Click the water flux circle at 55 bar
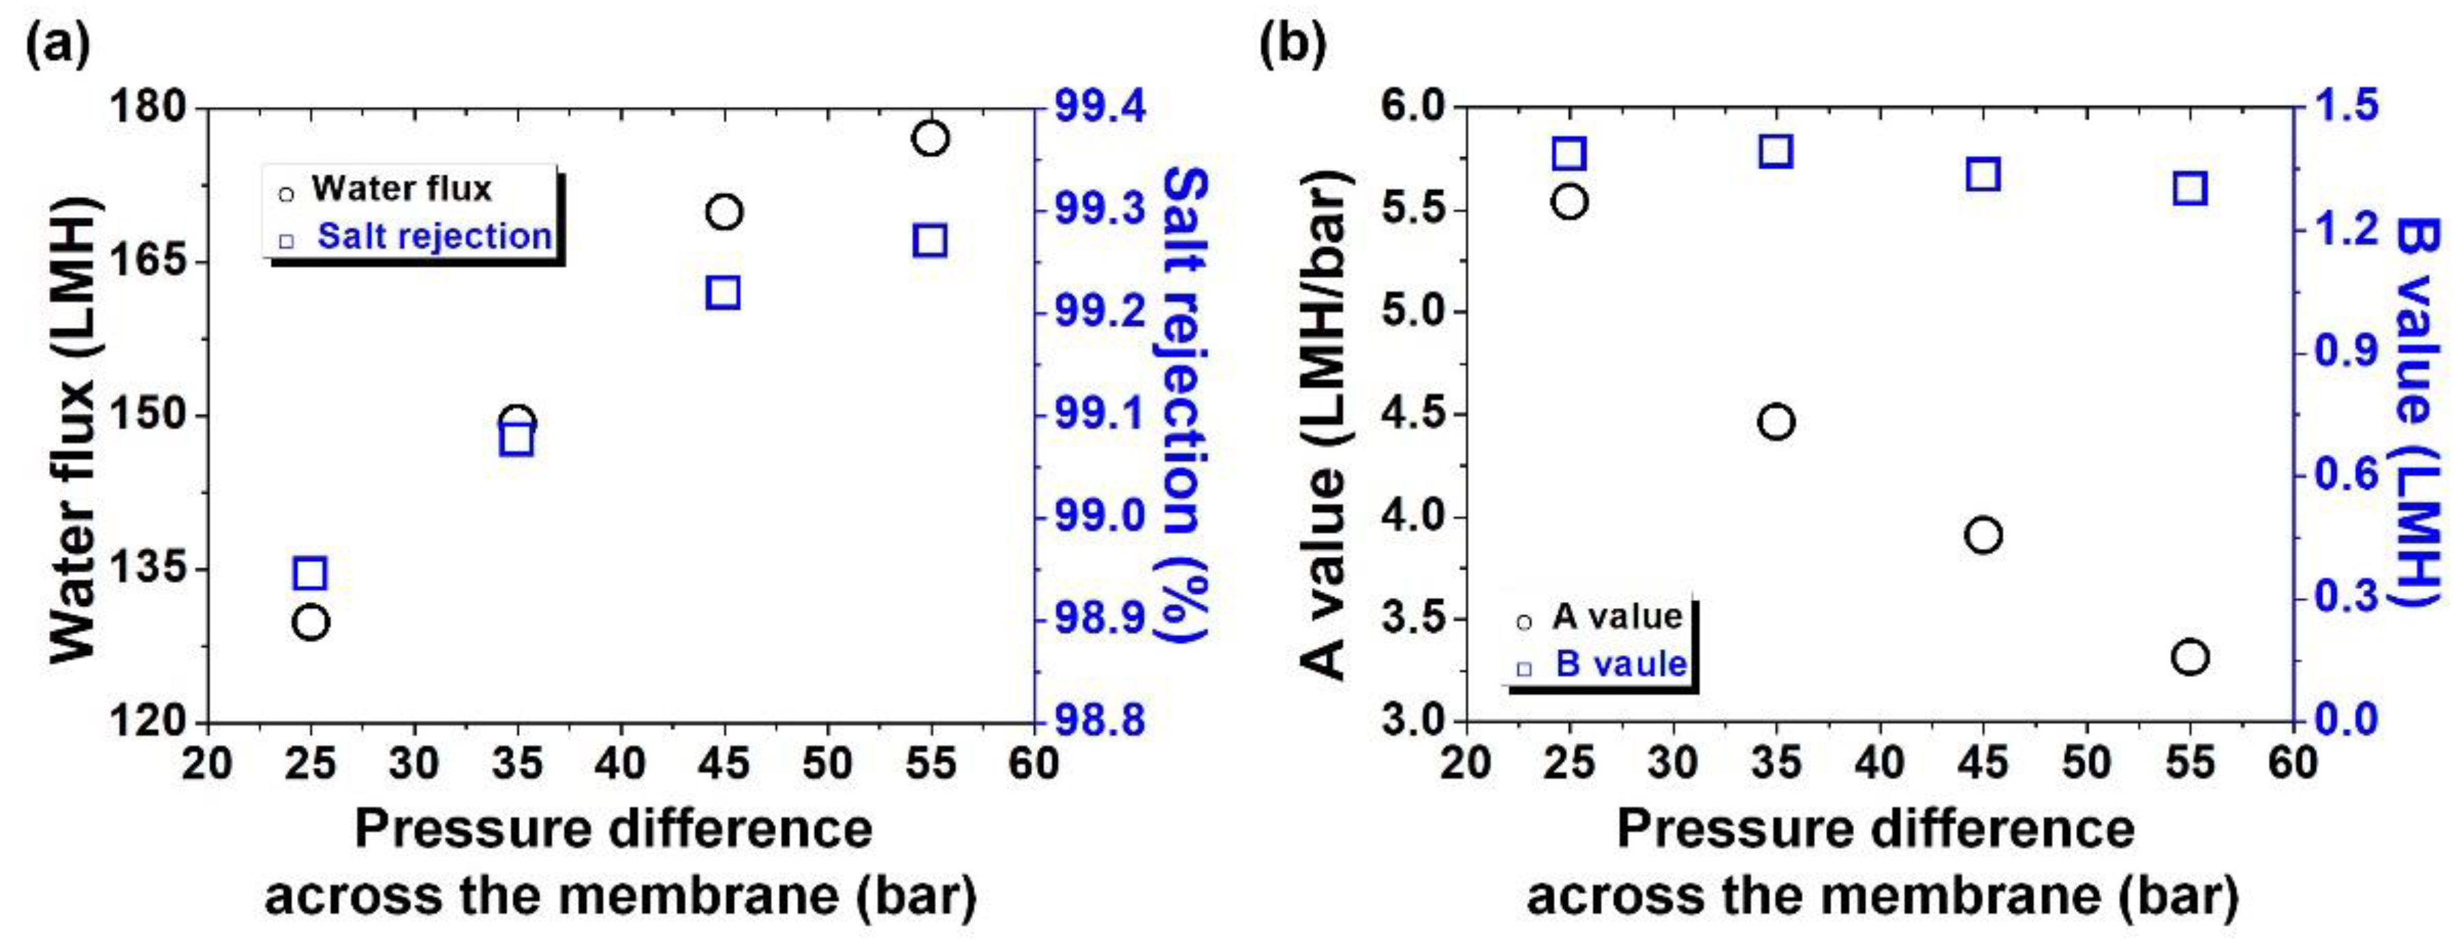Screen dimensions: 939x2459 coord(930,138)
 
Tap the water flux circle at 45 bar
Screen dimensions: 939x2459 coord(724,212)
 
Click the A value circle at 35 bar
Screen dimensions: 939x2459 coord(1776,421)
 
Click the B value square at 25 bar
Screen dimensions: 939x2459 coord(1569,154)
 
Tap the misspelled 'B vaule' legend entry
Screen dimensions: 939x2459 coord(1621,664)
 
